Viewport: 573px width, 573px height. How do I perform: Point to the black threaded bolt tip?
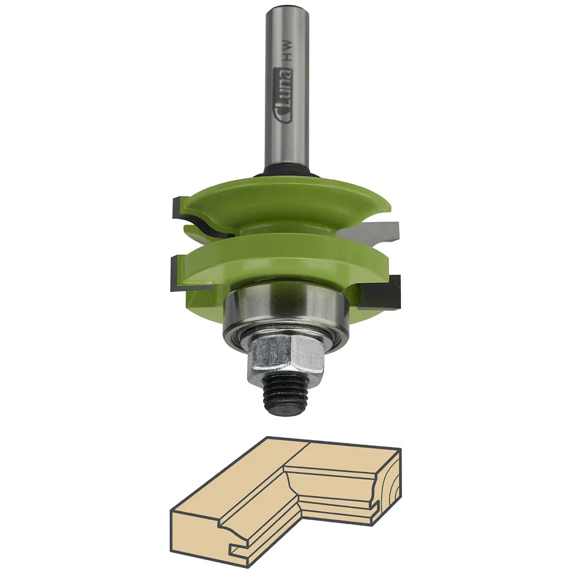tap(285, 396)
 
